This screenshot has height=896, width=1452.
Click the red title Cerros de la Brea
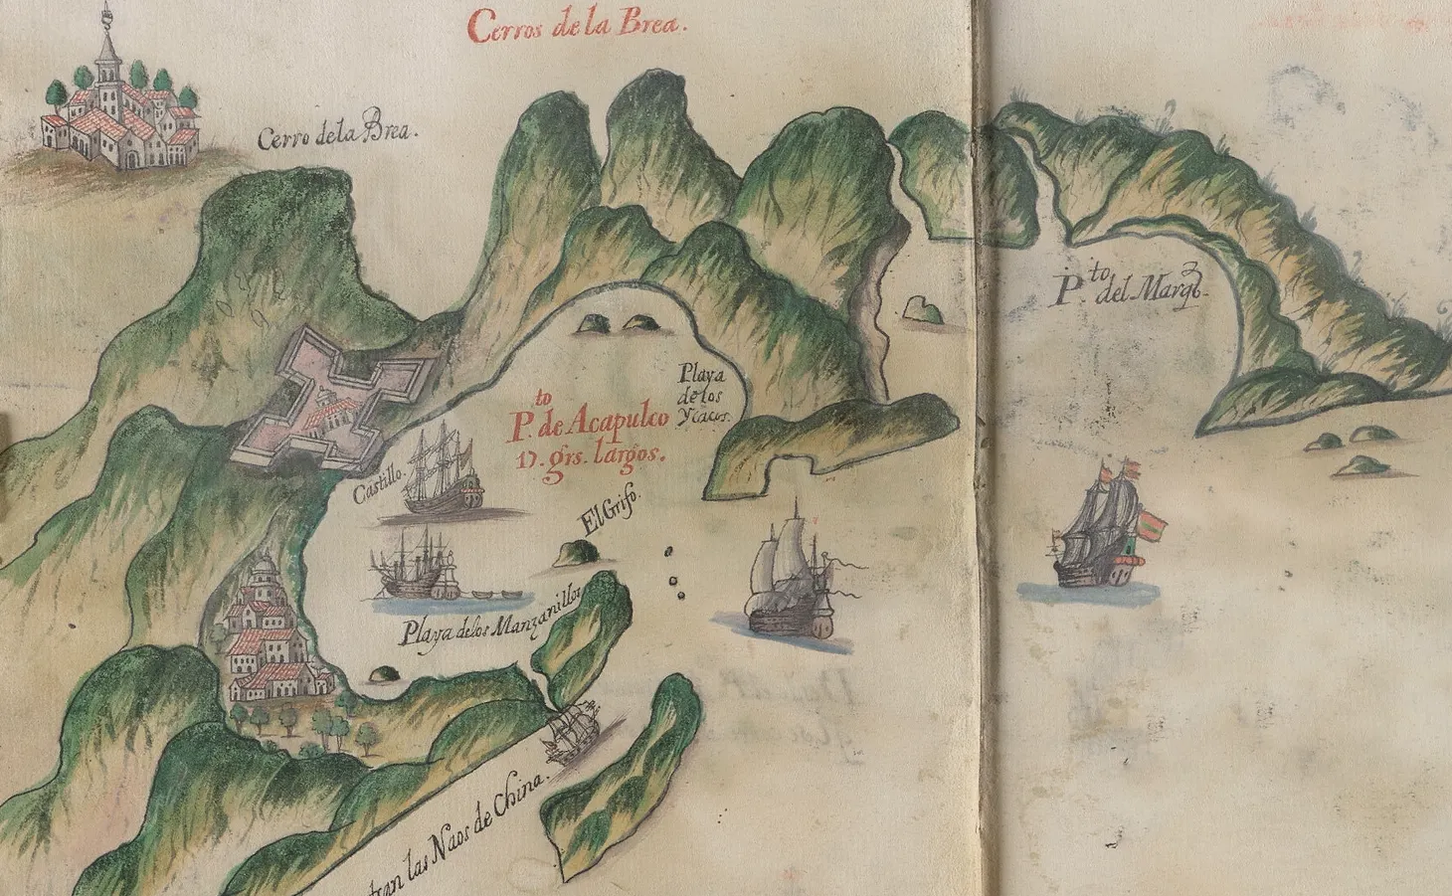[577, 24]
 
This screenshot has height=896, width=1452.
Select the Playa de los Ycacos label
[705, 395]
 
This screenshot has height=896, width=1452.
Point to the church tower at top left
[105, 50]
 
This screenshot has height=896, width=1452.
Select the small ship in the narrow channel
[574, 731]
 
